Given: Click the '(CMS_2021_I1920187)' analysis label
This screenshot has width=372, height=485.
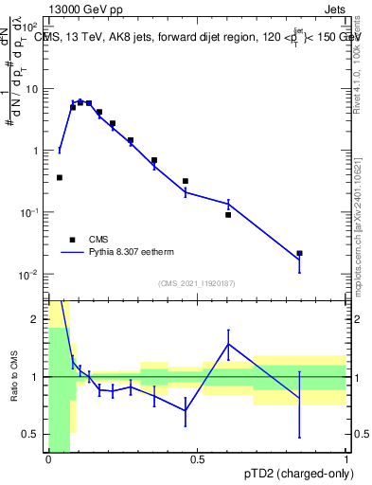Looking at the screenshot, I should pyautogui.click(x=196, y=283).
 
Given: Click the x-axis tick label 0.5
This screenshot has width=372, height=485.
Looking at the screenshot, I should pyautogui.click(x=197, y=459).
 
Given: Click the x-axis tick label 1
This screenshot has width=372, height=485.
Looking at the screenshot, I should pyautogui.click(x=345, y=459).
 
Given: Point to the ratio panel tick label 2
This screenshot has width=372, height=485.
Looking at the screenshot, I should pyautogui.click(x=38, y=320).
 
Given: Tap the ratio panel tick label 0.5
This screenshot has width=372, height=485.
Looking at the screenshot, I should pyautogui.click(x=34, y=434).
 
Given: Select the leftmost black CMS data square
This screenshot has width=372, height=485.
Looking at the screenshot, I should pyautogui.click(x=60, y=177).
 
